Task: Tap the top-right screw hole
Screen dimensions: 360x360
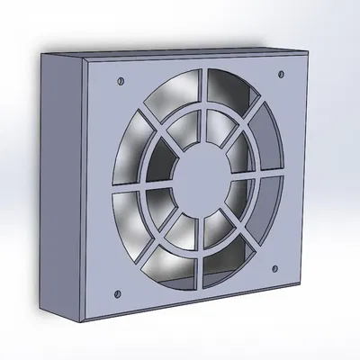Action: click(283, 72)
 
